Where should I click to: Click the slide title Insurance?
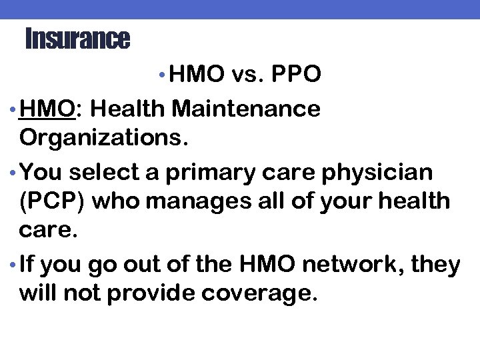click(77, 39)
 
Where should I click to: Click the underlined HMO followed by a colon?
click(47, 107)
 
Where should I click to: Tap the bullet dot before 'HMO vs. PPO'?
click(164, 75)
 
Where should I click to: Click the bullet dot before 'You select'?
click(14, 173)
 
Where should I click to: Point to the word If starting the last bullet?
click(28, 265)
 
